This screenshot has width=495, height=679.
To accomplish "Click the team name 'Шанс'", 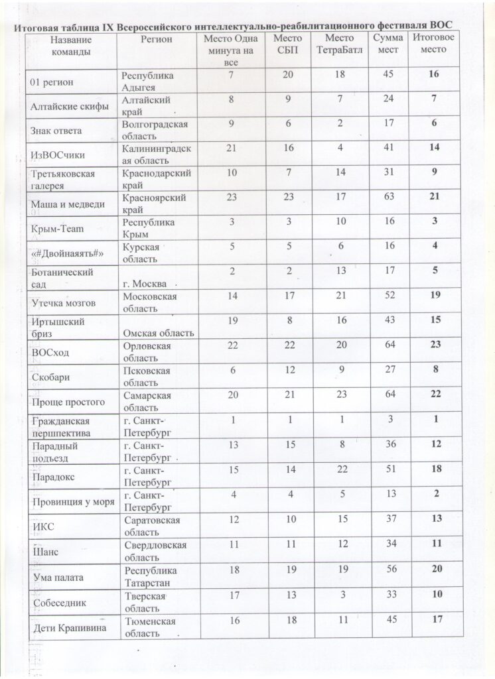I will click(44, 549).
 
